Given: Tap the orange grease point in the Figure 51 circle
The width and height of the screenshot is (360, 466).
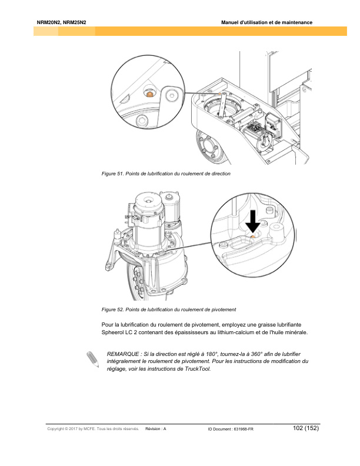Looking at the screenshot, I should pos(150,94).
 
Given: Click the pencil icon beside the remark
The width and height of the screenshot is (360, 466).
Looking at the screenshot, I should pos(92,359).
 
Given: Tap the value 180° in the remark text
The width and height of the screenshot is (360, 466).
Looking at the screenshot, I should pos(205,353).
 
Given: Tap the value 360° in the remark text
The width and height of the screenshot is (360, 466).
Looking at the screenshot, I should pos(246,353).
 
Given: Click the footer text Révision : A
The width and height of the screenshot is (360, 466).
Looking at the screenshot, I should pos(156,430).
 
